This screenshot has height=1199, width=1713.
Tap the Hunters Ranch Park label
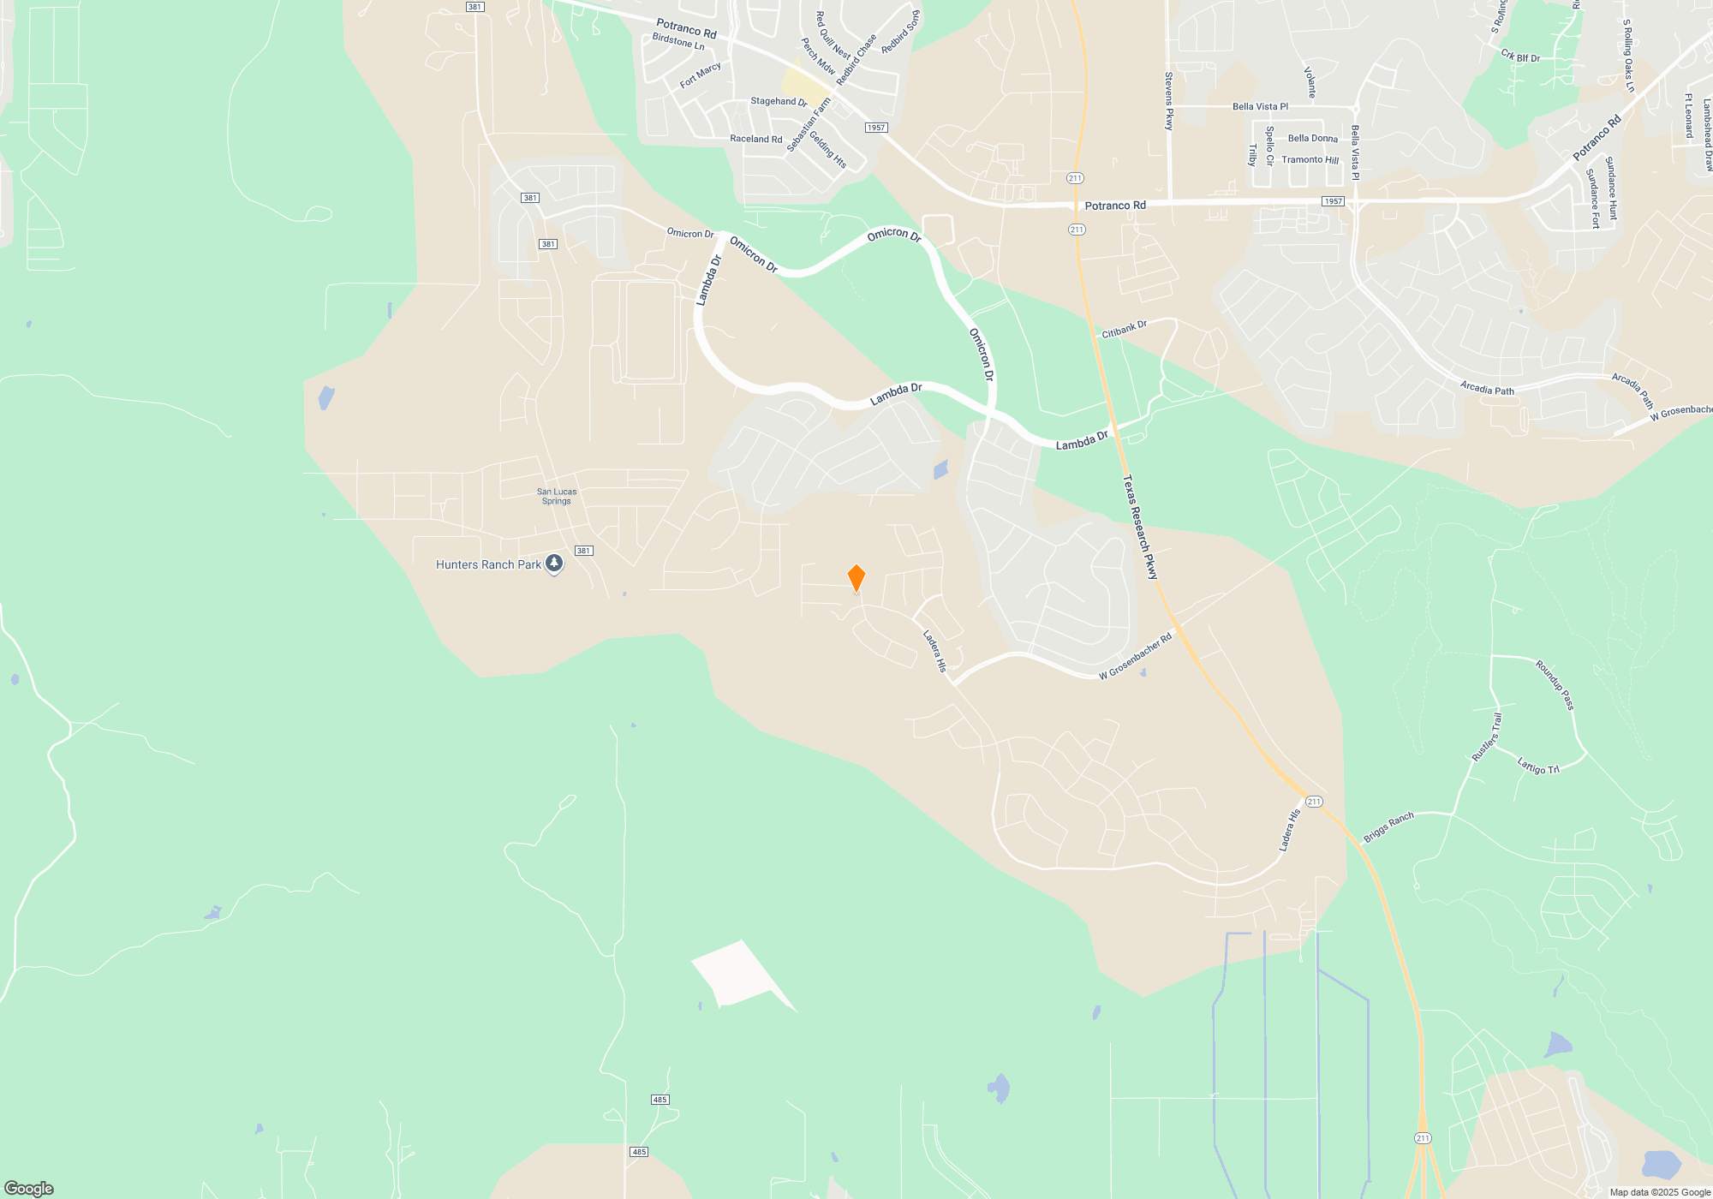click(x=488, y=564)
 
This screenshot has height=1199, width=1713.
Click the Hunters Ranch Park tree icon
click(x=554, y=564)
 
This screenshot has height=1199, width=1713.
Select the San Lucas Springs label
click(x=557, y=496)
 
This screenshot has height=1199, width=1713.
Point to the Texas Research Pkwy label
click(x=1140, y=528)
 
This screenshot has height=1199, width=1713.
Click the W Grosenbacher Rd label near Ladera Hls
click(x=1135, y=657)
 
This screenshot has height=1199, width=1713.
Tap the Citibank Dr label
click(x=1124, y=329)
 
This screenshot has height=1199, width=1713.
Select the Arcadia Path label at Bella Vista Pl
click(x=1487, y=388)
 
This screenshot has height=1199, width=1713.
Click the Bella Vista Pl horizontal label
click(x=1260, y=106)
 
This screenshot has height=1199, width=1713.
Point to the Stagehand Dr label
click(x=779, y=101)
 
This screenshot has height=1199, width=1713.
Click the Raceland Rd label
click(x=755, y=139)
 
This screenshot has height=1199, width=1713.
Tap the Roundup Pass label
click(x=1555, y=684)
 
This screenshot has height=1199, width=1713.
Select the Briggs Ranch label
click(x=1388, y=826)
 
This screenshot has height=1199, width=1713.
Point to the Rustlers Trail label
click(x=1486, y=737)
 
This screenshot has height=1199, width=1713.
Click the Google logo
click(x=28, y=1188)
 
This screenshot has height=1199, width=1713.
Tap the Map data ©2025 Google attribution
click(x=1660, y=1192)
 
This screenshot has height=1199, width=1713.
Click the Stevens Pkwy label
click(x=1168, y=101)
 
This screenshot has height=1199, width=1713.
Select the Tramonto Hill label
click(x=1310, y=160)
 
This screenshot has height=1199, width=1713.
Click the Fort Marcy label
click(x=700, y=75)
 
